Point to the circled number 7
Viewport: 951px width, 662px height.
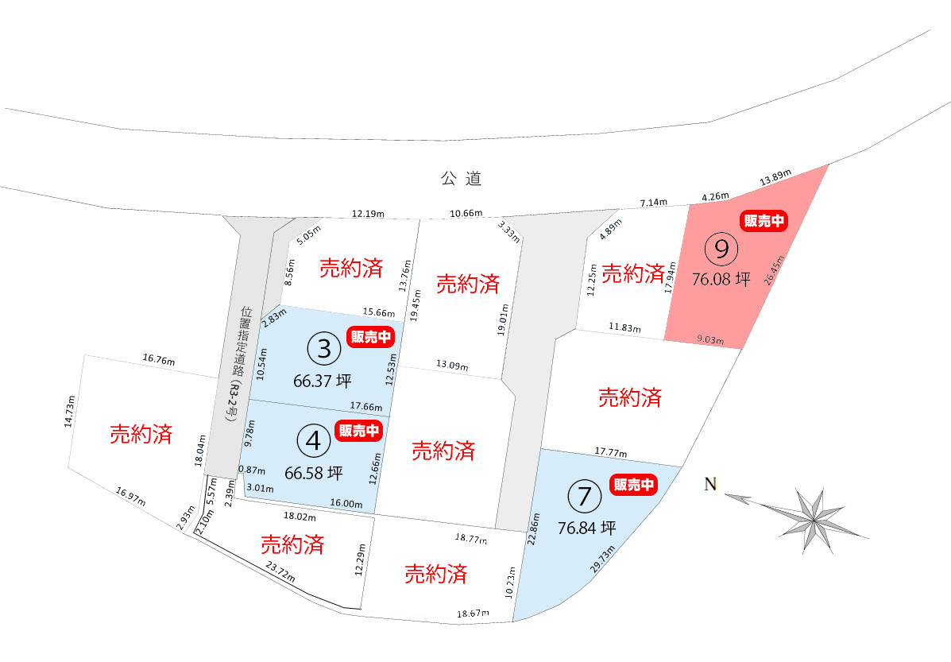[x=586, y=497]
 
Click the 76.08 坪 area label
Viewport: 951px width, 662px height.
[x=721, y=281]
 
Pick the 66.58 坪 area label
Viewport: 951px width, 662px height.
[x=313, y=474]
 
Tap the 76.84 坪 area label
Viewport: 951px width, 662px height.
[x=586, y=528]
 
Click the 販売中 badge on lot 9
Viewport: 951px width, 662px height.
[x=764, y=222]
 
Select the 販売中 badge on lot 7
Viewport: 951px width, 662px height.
[x=634, y=484]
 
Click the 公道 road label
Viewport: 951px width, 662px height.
[x=462, y=179]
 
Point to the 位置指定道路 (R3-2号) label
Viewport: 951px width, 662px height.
[x=235, y=365]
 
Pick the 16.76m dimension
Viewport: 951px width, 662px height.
[x=159, y=359]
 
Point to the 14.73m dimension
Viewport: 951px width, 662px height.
[x=69, y=412]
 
